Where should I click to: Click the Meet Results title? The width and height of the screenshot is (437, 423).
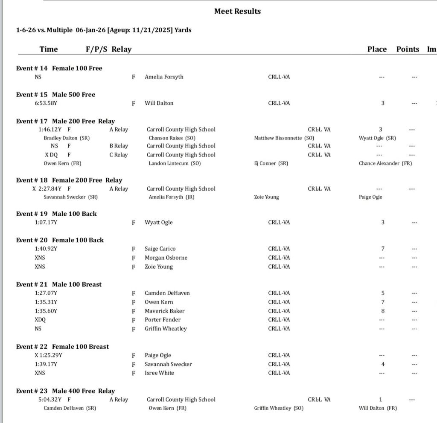click(237, 12)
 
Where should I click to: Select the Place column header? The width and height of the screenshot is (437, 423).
click(377, 49)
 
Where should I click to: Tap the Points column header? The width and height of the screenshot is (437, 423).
click(408, 49)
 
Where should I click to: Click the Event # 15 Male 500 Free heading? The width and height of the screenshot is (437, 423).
click(55, 95)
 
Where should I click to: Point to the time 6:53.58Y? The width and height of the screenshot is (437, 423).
click(46, 103)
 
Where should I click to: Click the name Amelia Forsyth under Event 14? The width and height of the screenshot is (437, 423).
click(164, 77)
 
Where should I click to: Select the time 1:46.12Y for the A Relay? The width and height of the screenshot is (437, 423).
click(50, 130)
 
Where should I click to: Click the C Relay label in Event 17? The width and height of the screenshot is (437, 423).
click(118, 155)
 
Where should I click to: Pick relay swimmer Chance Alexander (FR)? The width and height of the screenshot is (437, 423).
click(385, 163)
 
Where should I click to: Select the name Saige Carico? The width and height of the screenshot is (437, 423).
click(160, 249)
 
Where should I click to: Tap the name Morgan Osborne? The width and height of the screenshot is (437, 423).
click(166, 258)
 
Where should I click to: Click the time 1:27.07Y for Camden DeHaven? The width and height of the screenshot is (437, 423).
click(46, 293)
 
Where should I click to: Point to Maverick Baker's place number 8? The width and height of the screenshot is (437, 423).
click(383, 311)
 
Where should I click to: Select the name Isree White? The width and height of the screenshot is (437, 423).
click(159, 373)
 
